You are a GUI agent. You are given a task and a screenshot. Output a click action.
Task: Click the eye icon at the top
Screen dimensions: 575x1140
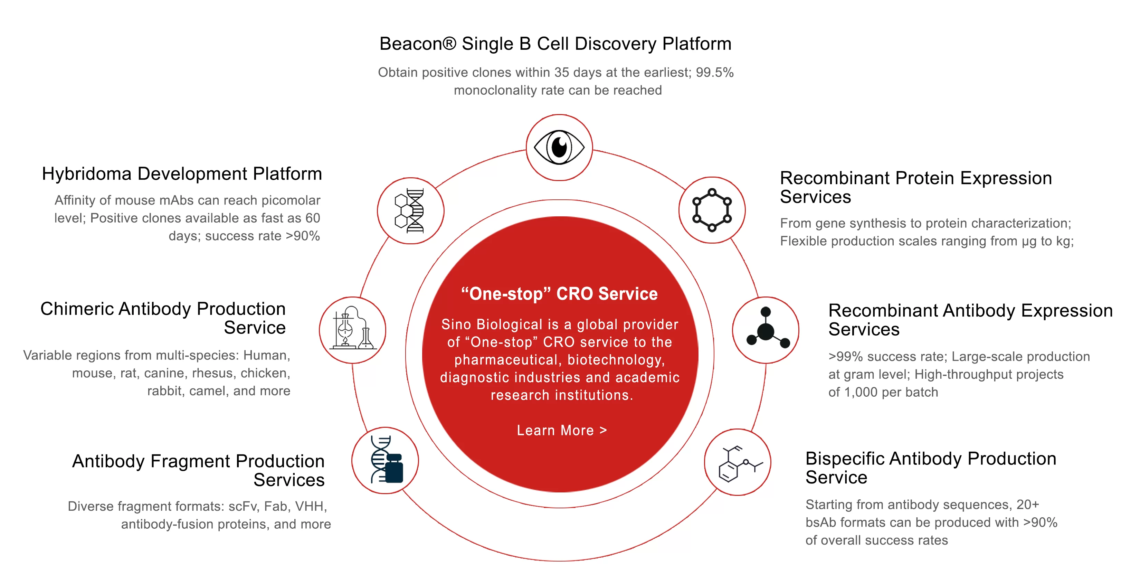(x=559, y=148)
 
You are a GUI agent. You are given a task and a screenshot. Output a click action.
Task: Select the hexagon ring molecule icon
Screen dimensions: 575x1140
(x=712, y=210)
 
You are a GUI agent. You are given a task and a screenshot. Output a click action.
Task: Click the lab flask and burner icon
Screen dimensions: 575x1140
(x=353, y=330)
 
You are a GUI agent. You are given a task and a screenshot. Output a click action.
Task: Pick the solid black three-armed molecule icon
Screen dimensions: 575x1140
(x=766, y=330)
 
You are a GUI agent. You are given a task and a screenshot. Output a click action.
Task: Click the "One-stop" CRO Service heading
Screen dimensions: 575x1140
(x=559, y=294)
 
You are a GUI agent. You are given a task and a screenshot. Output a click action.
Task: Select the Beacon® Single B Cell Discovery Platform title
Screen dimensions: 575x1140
(x=555, y=44)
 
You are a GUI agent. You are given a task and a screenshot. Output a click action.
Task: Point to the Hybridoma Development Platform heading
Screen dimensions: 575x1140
(x=182, y=174)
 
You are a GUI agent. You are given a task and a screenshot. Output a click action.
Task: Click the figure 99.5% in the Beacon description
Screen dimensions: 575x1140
(x=714, y=72)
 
